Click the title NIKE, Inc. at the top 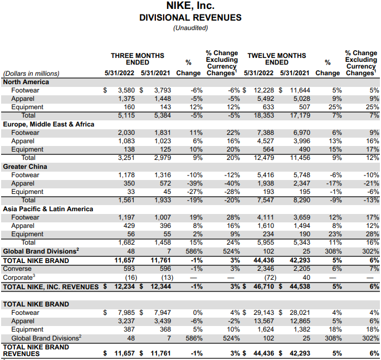click(190, 6)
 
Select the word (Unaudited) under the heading click(190, 27)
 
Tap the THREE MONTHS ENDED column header click(137, 59)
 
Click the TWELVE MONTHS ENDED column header click(276, 59)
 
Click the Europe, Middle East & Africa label click(48, 124)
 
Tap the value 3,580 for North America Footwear click(126, 90)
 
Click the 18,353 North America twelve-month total click(262, 115)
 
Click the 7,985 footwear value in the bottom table click(126, 313)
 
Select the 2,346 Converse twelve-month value click(265, 269)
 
